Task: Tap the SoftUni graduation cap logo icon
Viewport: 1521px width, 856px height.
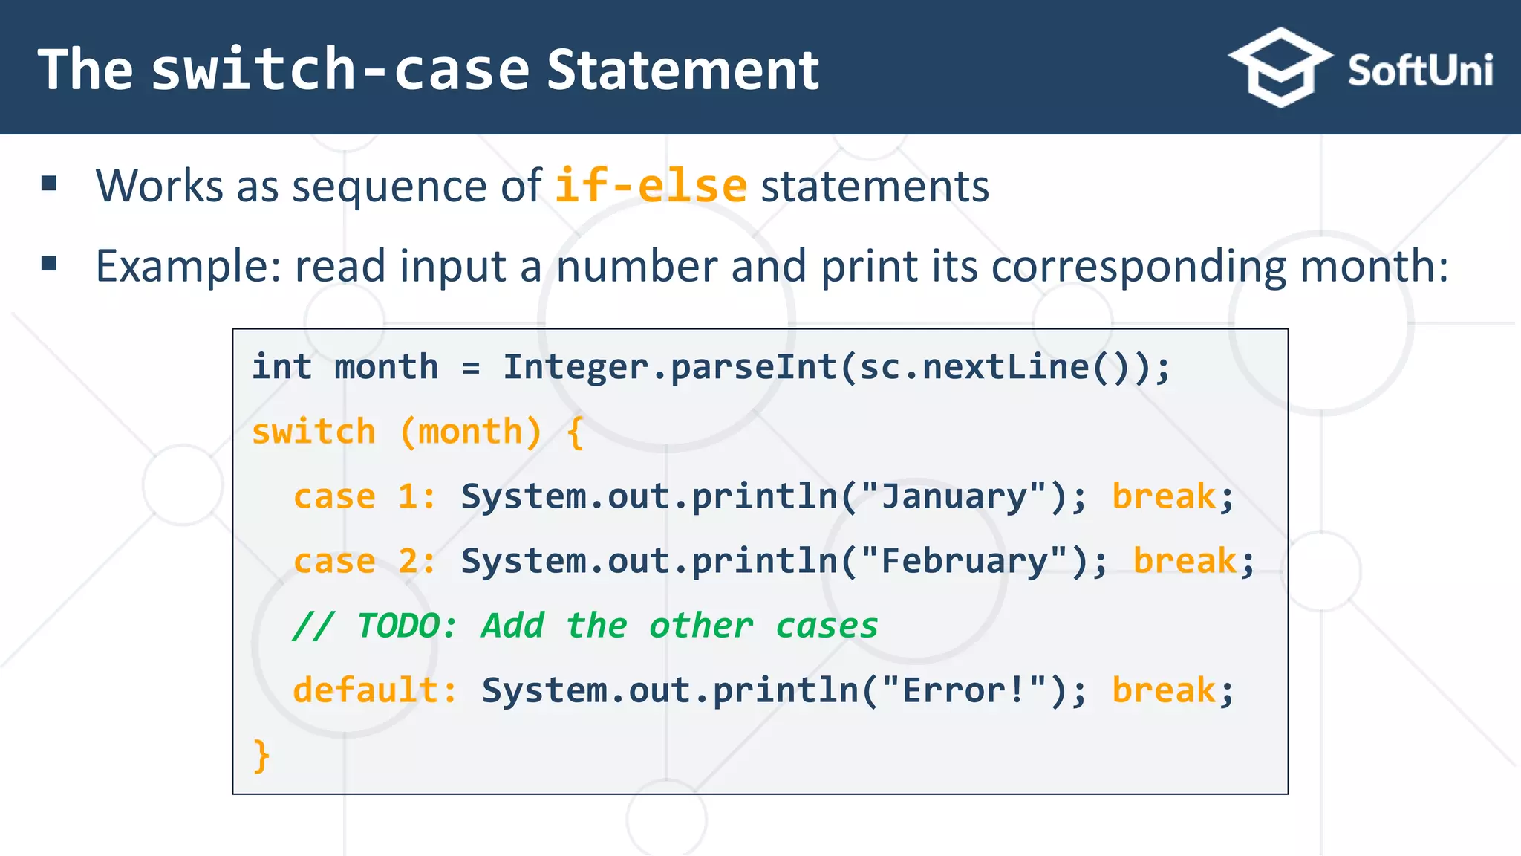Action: (1280, 68)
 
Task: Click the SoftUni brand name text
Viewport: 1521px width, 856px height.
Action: (1419, 71)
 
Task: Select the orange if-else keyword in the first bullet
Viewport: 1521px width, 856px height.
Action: (651, 186)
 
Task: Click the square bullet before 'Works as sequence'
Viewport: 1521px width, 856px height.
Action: (50, 184)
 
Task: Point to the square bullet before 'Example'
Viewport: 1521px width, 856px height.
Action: (50, 263)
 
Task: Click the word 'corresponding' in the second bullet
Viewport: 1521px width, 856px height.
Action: (1138, 267)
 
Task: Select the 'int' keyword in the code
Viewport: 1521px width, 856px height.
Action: (281, 367)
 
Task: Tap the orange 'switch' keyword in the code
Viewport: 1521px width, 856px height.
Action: (313, 432)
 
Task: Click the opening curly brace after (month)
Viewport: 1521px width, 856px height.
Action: (574, 432)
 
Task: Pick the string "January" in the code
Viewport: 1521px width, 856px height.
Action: (954, 496)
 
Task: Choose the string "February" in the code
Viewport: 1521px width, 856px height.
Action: (964, 561)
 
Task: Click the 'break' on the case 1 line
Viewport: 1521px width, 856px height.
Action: (1163, 496)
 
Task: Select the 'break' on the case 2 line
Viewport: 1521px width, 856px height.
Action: (1184, 561)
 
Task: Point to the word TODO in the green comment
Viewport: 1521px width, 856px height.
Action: (398, 626)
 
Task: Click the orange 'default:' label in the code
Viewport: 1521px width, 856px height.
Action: (375, 690)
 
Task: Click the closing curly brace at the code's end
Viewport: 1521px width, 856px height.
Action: (261, 756)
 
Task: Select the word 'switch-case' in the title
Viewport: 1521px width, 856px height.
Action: (340, 70)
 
